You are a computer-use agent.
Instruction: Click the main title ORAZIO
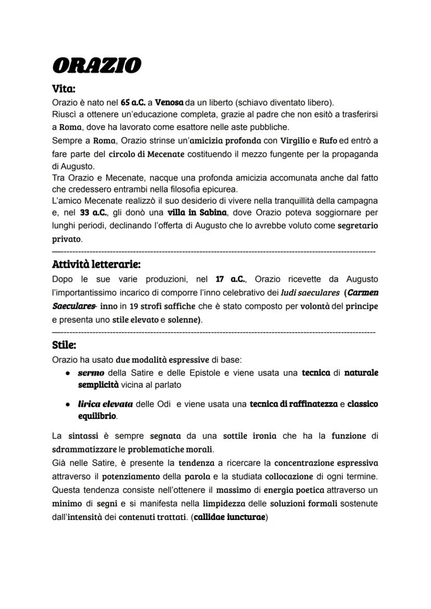point(97,66)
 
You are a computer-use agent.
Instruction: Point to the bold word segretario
point(358,226)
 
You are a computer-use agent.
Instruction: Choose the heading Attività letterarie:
point(96,265)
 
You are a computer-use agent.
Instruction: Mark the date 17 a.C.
point(230,280)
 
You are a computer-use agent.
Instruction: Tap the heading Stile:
point(64,345)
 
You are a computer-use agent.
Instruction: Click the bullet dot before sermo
point(68,374)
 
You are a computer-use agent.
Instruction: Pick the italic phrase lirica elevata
point(105,404)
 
